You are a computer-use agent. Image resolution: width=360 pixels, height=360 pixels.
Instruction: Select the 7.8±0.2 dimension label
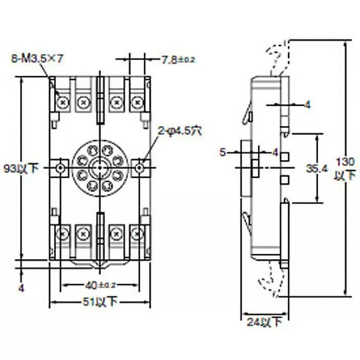(178, 59)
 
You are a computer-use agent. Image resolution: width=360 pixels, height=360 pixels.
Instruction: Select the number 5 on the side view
(223, 152)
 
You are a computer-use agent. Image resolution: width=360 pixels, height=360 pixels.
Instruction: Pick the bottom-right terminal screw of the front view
(136, 234)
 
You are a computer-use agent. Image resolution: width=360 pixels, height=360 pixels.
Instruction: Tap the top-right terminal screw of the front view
(136, 103)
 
